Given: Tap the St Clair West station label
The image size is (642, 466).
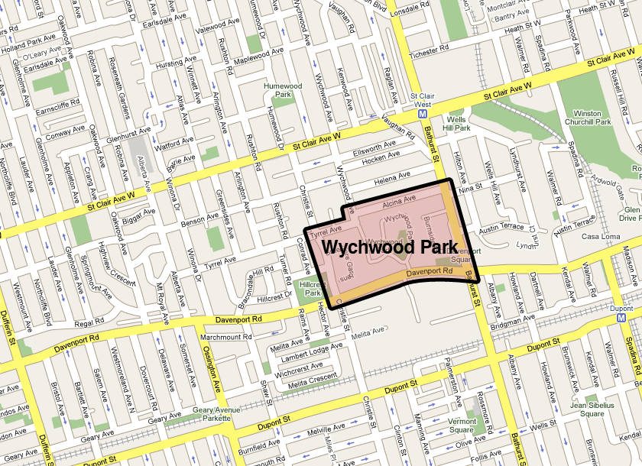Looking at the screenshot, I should [422, 100].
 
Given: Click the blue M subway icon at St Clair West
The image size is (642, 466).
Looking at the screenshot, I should [422, 113].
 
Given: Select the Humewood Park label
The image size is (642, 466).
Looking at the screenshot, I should [279, 91].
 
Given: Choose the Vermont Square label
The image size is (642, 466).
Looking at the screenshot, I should [462, 426].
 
